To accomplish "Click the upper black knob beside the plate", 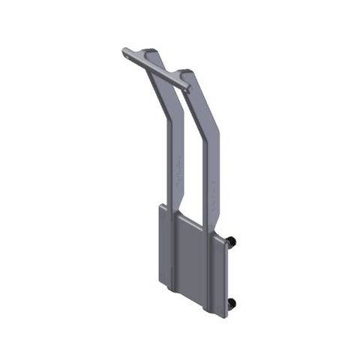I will (x=232, y=241).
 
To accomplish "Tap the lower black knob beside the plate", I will (x=232, y=302).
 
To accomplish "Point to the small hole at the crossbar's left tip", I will (x=125, y=52).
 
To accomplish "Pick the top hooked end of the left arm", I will (x=152, y=52).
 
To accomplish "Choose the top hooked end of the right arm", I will (x=186, y=73).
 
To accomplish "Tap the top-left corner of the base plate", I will (x=158, y=205).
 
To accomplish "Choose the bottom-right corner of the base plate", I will (x=226, y=314).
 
